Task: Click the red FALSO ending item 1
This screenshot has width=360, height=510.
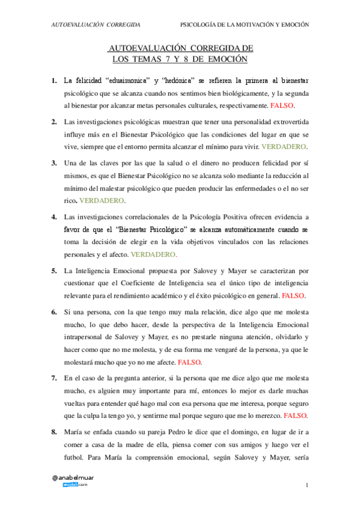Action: point(282,105)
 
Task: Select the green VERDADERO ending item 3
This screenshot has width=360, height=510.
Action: point(102,200)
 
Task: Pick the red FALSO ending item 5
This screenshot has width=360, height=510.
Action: point(293,296)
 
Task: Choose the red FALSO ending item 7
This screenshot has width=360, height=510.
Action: point(295,416)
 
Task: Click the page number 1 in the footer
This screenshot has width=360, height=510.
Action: point(307,485)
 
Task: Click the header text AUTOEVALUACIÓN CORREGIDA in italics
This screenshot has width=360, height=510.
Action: point(96,25)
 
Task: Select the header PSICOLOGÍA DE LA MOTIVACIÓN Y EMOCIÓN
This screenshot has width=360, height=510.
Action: point(245,25)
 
